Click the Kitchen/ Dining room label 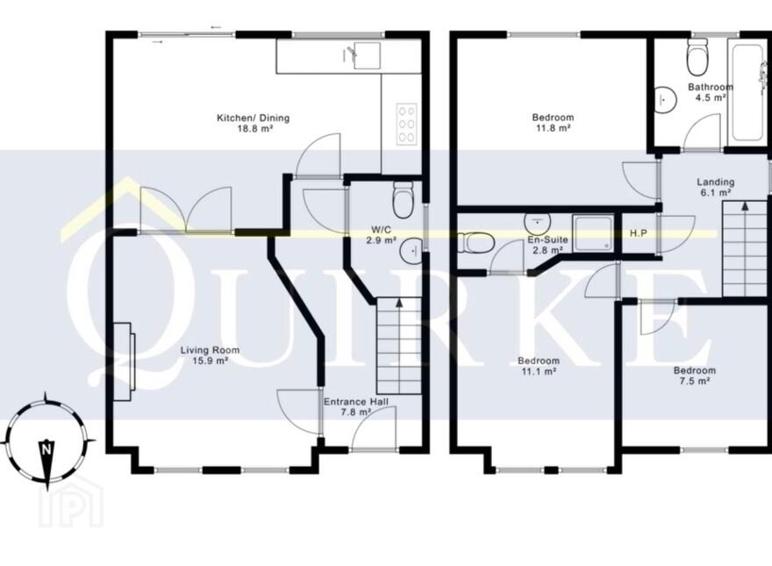[x=253, y=123]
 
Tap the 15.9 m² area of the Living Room [x=211, y=361]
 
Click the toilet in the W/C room [x=403, y=199]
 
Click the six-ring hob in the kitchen [x=407, y=124]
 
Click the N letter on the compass [x=46, y=448]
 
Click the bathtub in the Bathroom [x=747, y=91]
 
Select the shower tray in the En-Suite [x=593, y=232]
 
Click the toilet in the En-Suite [x=476, y=242]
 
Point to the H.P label [x=639, y=233]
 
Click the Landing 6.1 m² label [x=715, y=187]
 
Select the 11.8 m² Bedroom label [x=553, y=123]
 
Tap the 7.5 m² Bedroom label [x=694, y=376]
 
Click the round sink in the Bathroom [x=666, y=98]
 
